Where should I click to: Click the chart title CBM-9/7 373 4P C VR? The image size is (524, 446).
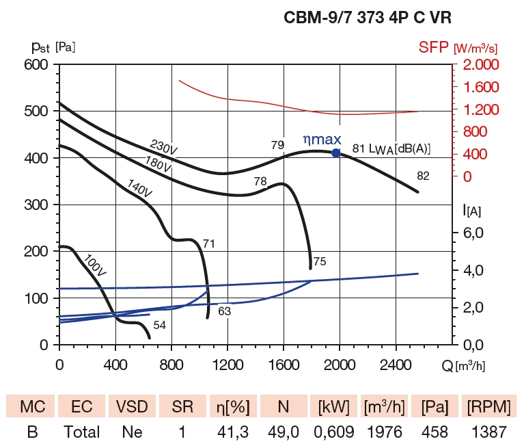pyautogui.click(x=367, y=18)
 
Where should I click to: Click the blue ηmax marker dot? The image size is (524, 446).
pyautogui.click(x=335, y=153)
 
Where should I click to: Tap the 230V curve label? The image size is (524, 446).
pyautogui.click(x=164, y=147)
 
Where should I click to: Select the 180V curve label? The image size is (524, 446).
pyautogui.click(x=158, y=163)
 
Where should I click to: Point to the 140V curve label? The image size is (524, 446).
pyautogui.click(x=139, y=188)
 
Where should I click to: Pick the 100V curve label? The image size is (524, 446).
pyautogui.click(x=95, y=265)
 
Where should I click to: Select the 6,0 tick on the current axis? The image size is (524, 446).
pyautogui.click(x=474, y=233)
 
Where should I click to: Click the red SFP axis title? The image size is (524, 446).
pyautogui.click(x=457, y=47)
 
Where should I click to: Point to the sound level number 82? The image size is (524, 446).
pyautogui.click(x=423, y=176)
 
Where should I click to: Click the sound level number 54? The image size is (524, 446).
pyautogui.click(x=159, y=326)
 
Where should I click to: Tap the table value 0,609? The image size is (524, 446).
pyautogui.click(x=333, y=432)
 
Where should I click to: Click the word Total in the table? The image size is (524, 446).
pyautogui.click(x=81, y=432)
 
